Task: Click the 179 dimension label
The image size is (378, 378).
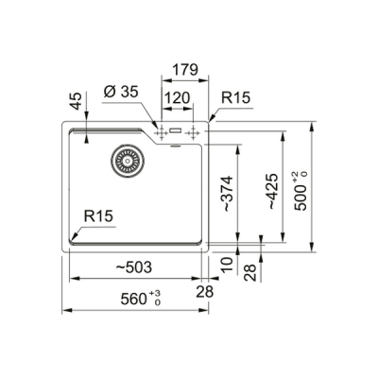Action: click(185, 69)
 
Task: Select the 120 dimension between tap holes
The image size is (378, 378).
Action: click(175, 97)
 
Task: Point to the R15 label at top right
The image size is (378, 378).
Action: click(236, 97)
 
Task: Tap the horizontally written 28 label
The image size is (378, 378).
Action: click(205, 291)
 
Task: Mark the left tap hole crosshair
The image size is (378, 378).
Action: click(161, 133)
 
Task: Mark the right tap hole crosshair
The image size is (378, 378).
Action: click(197, 133)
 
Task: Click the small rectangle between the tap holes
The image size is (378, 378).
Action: click(178, 133)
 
